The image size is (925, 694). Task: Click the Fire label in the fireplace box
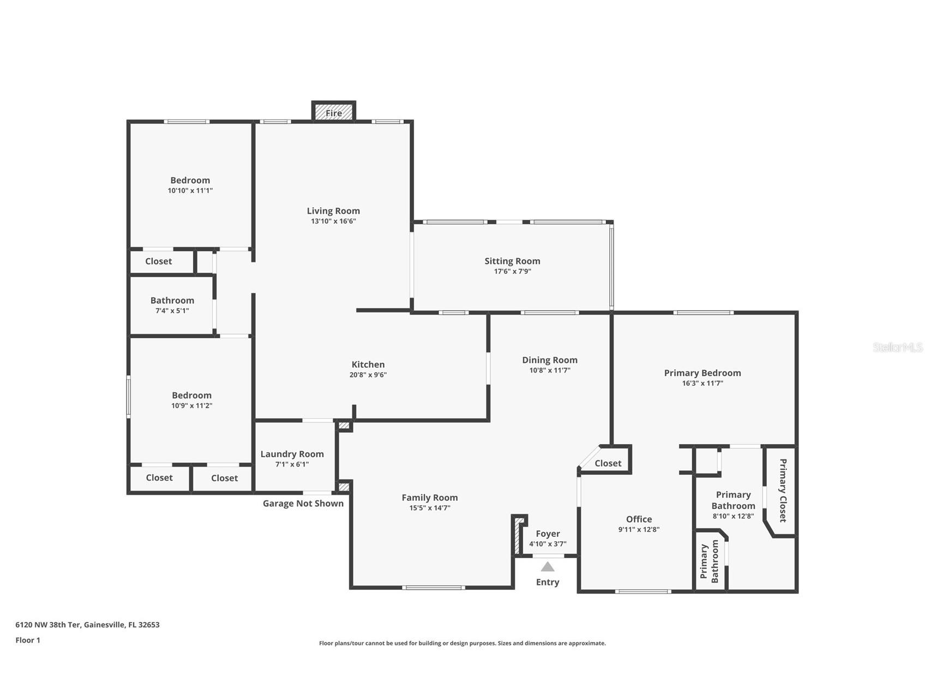pos(333,113)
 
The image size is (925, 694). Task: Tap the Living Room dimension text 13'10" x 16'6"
pos(333,221)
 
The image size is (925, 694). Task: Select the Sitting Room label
pos(512,261)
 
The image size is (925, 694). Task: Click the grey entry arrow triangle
pos(548,567)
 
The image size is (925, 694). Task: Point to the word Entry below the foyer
pos(548,582)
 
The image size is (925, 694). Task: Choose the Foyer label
pos(548,534)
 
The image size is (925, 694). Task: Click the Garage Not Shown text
pos(303,503)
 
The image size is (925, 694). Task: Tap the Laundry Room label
pos(292,454)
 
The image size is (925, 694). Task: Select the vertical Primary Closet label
pos(783,490)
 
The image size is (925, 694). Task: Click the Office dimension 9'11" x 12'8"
pos(639,529)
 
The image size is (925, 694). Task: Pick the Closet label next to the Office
pos(608,463)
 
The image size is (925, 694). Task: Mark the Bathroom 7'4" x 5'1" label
pos(172,305)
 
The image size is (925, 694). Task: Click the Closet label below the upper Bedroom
pos(158,261)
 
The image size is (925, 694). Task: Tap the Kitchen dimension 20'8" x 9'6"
pos(368,375)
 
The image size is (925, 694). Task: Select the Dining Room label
pos(549,360)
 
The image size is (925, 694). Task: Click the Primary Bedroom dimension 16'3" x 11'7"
pos(702,383)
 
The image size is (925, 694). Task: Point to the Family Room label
pos(430,497)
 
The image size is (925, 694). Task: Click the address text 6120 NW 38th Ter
pos(49,625)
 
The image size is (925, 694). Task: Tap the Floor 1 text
pos(28,640)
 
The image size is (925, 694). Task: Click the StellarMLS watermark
pos(897,347)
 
